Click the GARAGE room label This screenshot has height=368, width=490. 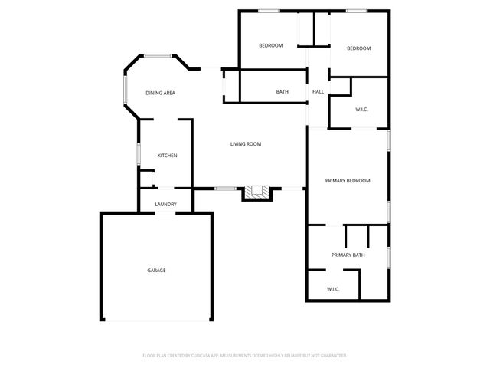[156, 270]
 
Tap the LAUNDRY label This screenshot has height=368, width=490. [166, 204]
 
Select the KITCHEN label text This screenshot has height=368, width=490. [167, 156]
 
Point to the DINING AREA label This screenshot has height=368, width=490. [161, 93]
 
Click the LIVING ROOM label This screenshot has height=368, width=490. [247, 143]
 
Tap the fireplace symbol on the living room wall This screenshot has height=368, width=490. [256, 192]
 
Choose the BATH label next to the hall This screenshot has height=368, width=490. [283, 92]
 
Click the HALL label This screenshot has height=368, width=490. [318, 92]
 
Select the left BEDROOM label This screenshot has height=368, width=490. [270, 45]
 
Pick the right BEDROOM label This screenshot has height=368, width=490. [358, 48]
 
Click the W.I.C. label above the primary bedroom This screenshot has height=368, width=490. [361, 110]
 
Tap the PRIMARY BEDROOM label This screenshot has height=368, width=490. [348, 181]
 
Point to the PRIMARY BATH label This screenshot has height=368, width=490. [348, 255]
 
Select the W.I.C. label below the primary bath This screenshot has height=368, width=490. [333, 289]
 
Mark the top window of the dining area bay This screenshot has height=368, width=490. [158, 55]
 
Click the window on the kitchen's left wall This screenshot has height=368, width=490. [139, 153]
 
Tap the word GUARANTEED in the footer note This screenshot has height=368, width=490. [332, 356]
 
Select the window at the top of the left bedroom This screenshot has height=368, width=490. [269, 11]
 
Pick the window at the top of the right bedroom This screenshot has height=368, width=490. [357, 11]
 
